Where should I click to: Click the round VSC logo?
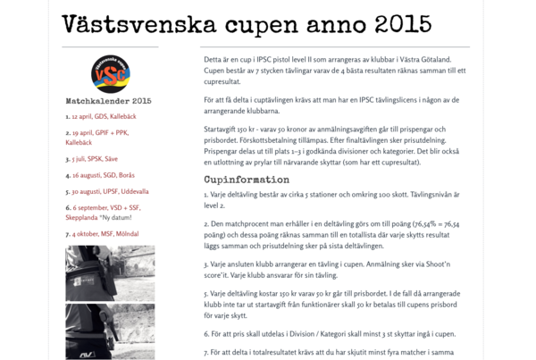click(110, 71)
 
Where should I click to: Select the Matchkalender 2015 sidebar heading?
click(109, 101)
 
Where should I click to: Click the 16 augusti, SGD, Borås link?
click(103, 175)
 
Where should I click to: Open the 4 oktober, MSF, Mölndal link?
click(107, 234)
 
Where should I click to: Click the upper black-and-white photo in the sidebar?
click(110, 272)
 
